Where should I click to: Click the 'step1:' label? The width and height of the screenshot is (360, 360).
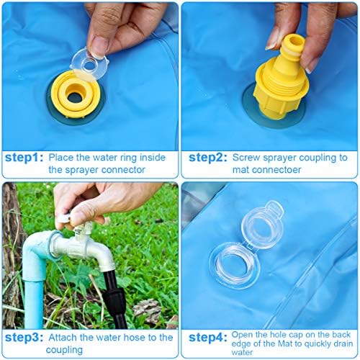pyautogui.click(x=24, y=158)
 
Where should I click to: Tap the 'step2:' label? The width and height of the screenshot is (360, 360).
pyautogui.click(x=208, y=158)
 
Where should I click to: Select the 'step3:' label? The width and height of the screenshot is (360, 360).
pyautogui.click(x=24, y=338)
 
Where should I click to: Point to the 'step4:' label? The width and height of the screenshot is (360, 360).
pyautogui.click(x=208, y=338)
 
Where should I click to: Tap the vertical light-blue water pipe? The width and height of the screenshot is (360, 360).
pyautogui.click(x=34, y=300)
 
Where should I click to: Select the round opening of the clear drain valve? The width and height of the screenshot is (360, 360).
pyautogui.click(x=233, y=265)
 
